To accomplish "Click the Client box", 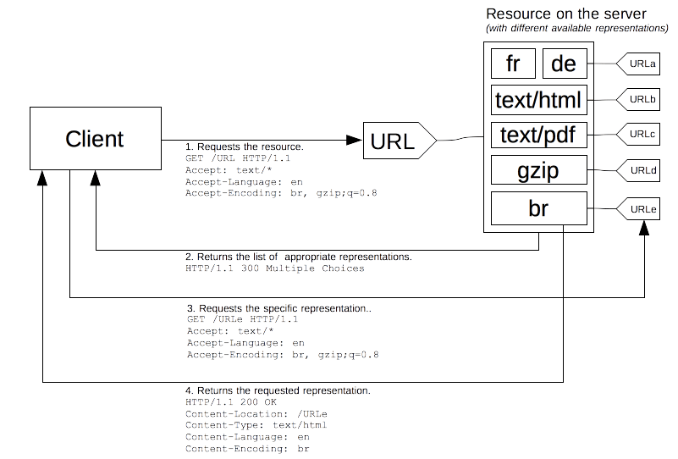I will (x=95, y=139).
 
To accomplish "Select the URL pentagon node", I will (x=399, y=141).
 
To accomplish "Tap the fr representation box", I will (x=512, y=64).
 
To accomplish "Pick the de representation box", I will (x=564, y=64).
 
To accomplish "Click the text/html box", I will (x=538, y=101).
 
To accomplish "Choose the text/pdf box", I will (x=538, y=136).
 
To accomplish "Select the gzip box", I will (x=538, y=172).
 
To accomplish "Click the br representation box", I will (x=538, y=208).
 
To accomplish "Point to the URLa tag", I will (x=640, y=64).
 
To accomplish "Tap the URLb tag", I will (x=640, y=100).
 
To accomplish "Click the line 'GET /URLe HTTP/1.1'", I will (x=242, y=319).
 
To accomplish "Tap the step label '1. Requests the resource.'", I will (x=244, y=147).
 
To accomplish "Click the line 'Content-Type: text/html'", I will (x=256, y=425).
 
